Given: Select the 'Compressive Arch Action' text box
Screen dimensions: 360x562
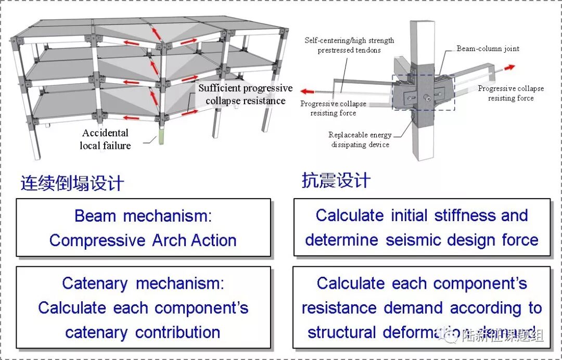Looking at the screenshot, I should point(143,228).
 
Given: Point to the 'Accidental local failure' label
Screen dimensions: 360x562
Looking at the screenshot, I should point(105,139).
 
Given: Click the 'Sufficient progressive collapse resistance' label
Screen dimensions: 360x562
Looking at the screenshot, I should point(245,94).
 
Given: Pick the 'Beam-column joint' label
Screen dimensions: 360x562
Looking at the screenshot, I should point(488,48).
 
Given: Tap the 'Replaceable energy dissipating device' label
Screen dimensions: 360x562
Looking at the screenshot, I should point(360,139).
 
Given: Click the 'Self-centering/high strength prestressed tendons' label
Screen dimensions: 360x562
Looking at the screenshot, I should point(350,45).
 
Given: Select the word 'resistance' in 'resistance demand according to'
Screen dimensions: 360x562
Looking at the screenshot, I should point(340,308).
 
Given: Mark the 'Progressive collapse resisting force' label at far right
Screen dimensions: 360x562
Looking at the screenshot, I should point(510,93).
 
